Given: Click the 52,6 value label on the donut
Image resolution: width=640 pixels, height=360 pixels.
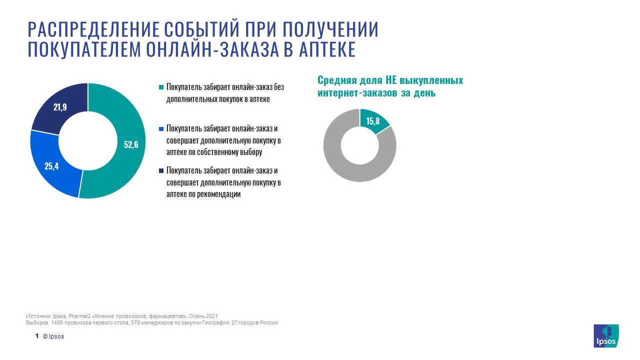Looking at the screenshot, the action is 131,144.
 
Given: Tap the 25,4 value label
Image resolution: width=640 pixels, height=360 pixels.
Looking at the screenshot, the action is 51,166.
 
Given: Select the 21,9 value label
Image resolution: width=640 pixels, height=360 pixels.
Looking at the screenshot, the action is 60,107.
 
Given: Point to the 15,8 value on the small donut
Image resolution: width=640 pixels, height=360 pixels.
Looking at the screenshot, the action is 373,121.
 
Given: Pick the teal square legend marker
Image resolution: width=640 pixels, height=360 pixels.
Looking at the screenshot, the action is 161,87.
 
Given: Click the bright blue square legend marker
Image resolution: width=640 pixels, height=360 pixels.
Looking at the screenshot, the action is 161,129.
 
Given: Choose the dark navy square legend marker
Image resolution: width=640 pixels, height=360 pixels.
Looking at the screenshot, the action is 161,170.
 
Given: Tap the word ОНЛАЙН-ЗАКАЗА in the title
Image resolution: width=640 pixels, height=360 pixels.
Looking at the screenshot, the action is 212,49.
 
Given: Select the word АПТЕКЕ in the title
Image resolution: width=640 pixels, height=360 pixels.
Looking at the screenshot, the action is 327,49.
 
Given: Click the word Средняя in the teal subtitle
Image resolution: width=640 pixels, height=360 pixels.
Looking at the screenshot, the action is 337,80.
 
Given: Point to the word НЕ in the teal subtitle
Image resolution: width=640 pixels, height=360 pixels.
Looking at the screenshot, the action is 391,80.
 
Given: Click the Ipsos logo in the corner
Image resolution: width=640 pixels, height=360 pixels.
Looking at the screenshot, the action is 606,335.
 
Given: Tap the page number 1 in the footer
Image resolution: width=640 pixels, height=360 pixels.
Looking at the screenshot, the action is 37,335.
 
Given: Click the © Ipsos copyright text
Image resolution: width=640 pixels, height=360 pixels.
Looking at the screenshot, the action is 53,336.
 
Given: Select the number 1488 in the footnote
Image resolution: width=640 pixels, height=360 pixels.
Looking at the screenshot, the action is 57,322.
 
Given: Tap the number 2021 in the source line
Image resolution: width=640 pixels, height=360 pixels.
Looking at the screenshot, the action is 211,316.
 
